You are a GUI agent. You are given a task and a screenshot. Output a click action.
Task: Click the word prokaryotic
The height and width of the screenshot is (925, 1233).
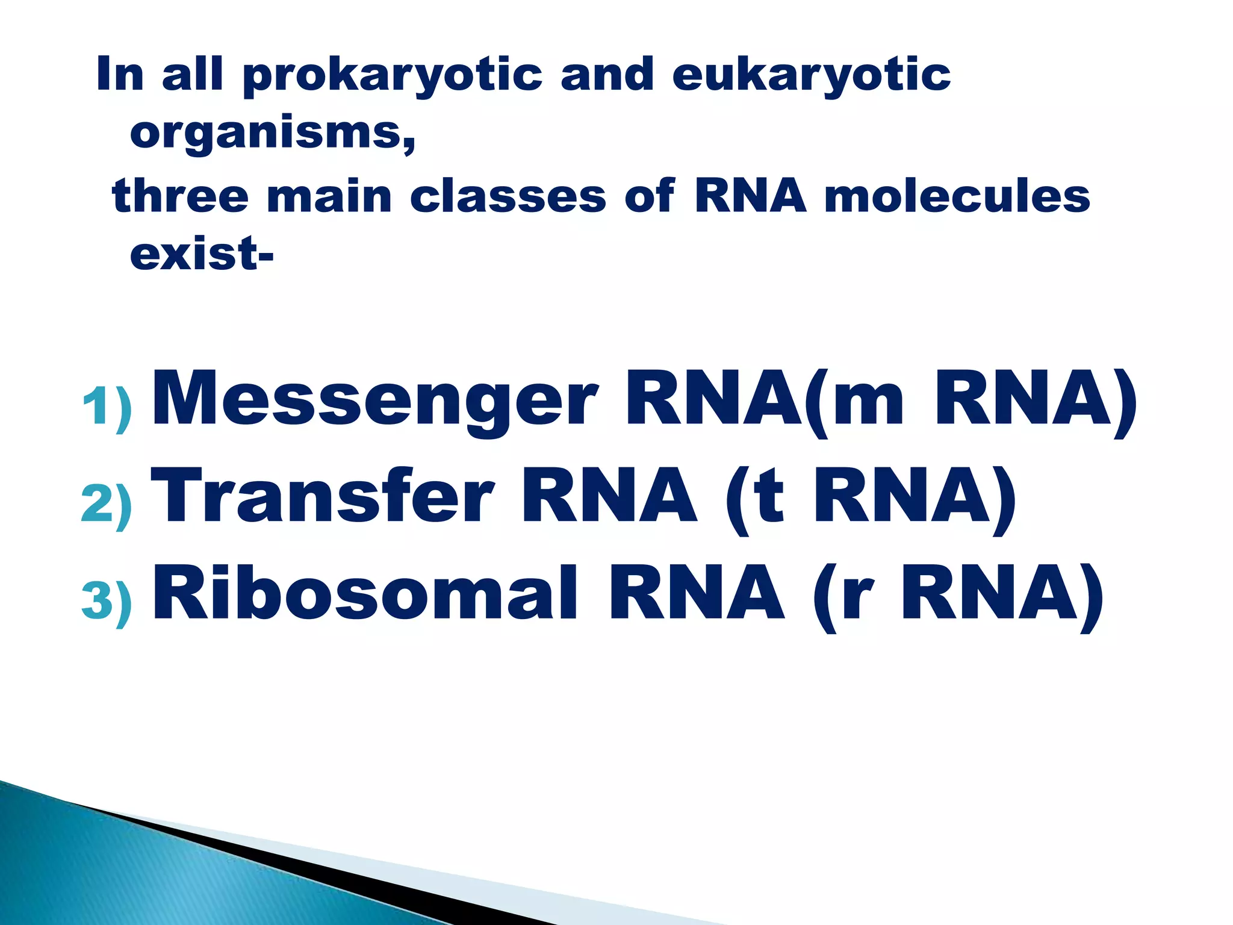pos(393,76)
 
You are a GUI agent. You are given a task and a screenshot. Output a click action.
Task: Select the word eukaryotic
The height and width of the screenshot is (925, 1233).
pos(811,76)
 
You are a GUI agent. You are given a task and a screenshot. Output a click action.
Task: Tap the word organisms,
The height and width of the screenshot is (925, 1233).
pos(273,134)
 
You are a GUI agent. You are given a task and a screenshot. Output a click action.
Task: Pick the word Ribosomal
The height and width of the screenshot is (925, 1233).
pos(365,593)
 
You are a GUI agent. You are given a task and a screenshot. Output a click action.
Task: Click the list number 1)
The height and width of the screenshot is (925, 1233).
pos(107,407)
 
